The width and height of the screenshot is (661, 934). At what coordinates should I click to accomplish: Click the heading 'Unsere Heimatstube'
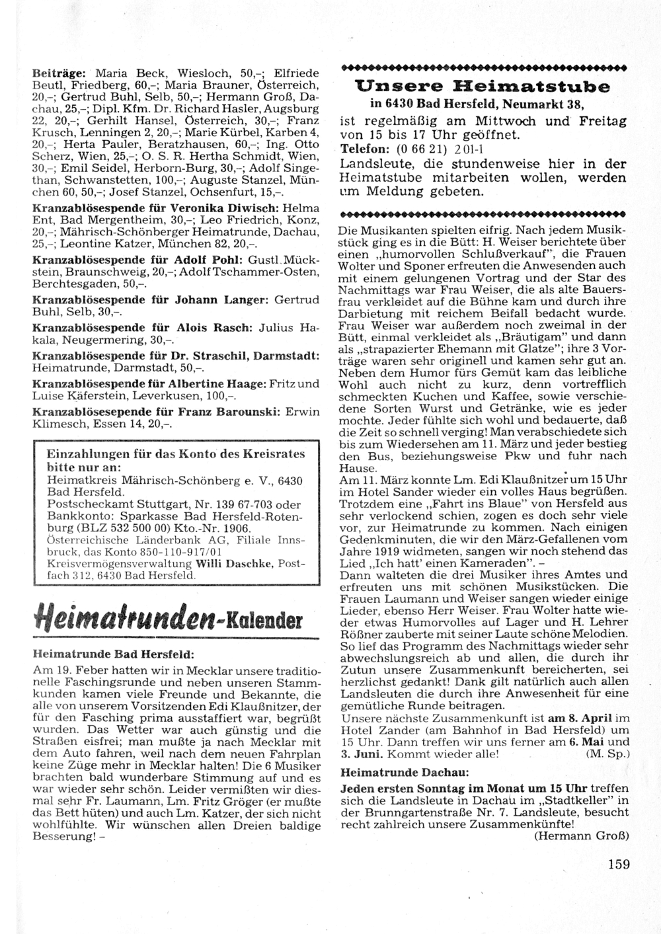[x=483, y=87]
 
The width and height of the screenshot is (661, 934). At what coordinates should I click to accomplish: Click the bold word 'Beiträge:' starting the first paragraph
[x=61, y=73]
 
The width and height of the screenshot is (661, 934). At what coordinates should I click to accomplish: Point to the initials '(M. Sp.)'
[x=607, y=753]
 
